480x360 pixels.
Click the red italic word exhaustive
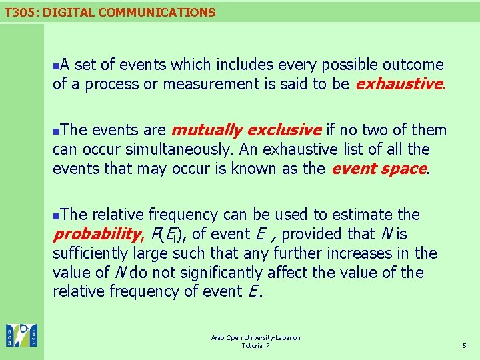399,84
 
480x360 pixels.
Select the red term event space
379,168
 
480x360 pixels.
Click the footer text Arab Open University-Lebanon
255,338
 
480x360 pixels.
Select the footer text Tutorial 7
255,346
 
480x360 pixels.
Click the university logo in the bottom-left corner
21,335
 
